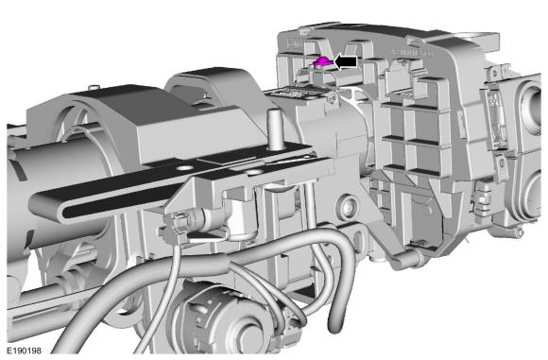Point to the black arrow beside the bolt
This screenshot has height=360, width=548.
346,61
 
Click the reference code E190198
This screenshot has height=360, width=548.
25,351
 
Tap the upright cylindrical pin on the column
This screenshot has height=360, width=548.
275,129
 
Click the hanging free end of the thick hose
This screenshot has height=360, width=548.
334,325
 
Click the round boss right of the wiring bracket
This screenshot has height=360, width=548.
348,207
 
